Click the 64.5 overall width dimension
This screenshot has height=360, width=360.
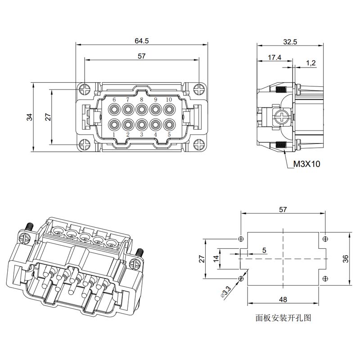click(x=142, y=41)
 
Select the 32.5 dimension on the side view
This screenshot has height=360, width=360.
click(x=290, y=42)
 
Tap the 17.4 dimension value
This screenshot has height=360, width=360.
click(x=274, y=58)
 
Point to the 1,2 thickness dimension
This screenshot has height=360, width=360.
click(x=311, y=63)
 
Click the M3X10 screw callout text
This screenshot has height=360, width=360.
click(x=306, y=164)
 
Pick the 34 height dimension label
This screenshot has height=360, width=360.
click(x=30, y=117)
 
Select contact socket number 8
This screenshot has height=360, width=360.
click(x=142, y=109)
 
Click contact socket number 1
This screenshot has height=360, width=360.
click(x=114, y=125)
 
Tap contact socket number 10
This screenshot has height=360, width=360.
click(x=169, y=109)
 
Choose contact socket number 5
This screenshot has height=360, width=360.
click(x=169, y=125)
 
